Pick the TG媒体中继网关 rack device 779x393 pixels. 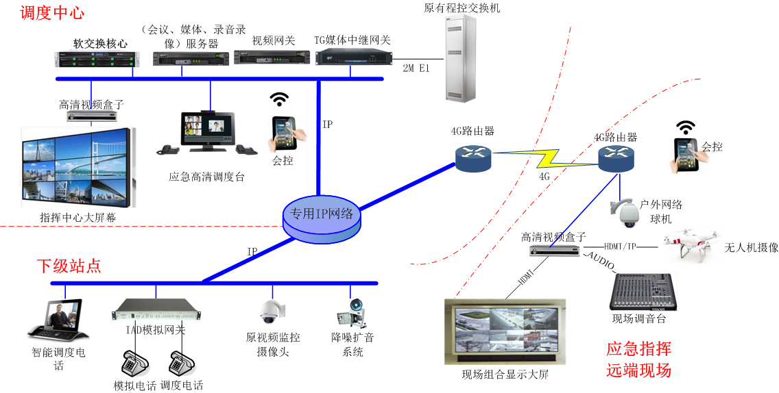352,58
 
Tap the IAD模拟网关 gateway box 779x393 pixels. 156,310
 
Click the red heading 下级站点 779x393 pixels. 68,266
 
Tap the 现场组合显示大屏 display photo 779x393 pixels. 505,331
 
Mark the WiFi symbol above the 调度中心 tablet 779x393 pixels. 278,100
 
